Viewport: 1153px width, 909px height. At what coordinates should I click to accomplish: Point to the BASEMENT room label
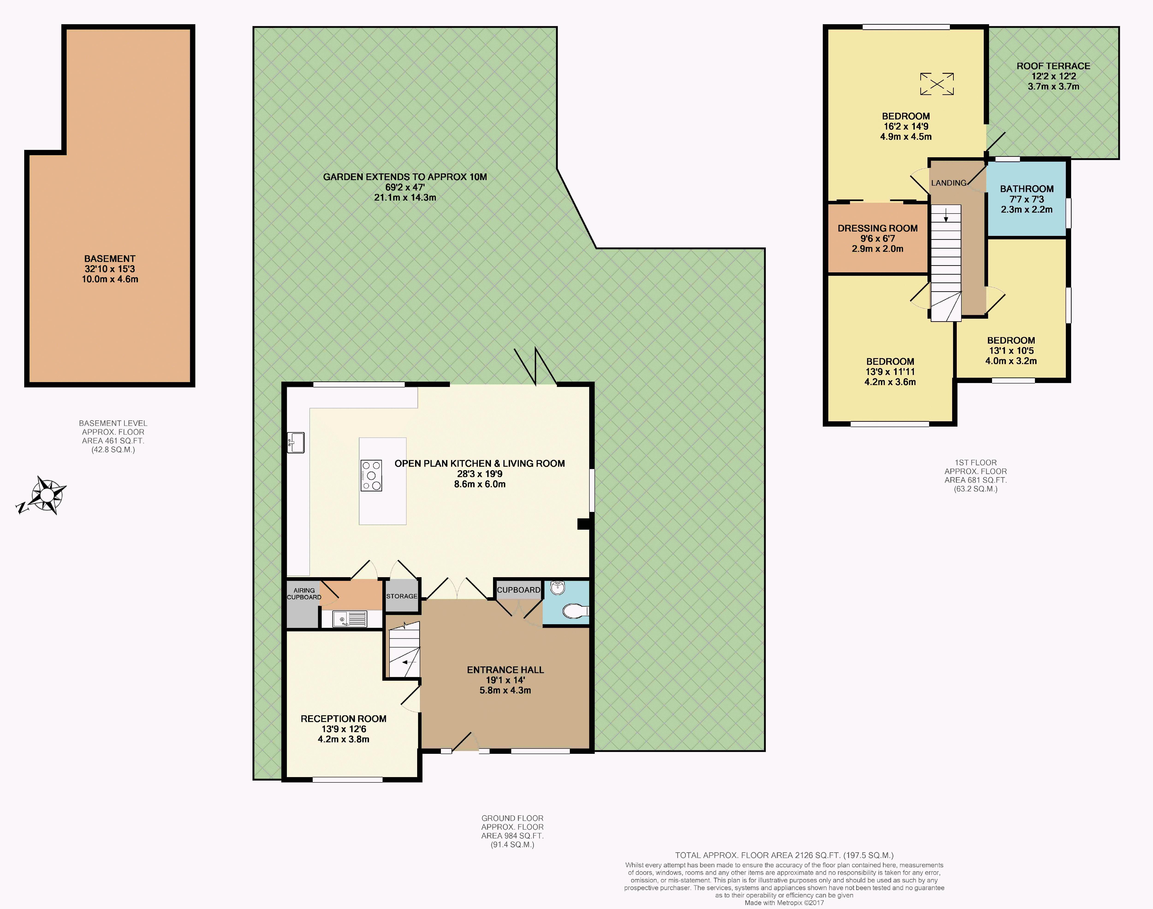[110, 259]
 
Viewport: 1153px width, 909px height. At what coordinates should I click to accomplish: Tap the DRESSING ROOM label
[877, 228]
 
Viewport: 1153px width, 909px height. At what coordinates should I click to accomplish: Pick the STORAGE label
[402, 596]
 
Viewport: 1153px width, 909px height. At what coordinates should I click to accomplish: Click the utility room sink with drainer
[350, 619]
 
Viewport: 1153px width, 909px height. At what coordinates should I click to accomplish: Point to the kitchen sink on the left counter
[296, 443]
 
